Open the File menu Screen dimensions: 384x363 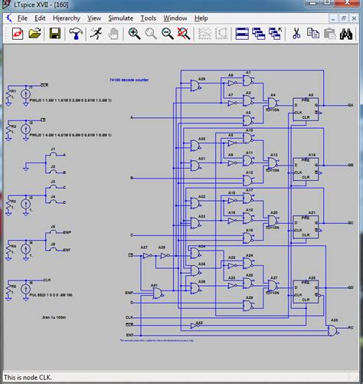pyautogui.click(x=22, y=17)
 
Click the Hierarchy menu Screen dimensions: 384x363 pyautogui.click(x=67, y=17)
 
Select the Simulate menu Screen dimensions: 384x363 pyautogui.click(x=120, y=17)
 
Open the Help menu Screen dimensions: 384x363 pyautogui.click(x=201, y=17)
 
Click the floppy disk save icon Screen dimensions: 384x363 pyautogui.click(x=55, y=34)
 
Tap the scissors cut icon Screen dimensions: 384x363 pyautogui.click(x=296, y=34)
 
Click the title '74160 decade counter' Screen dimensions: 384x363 pyautogui.click(x=129, y=79)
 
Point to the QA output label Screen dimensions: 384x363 pyautogui.click(x=350, y=104)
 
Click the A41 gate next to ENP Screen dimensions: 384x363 pyautogui.click(x=155, y=292)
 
